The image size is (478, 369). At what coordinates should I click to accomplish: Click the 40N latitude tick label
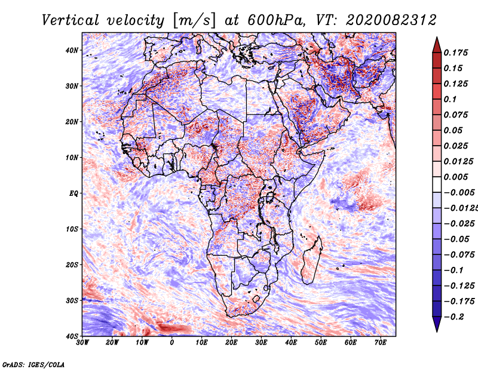point(72,50)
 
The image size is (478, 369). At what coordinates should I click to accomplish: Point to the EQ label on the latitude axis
point(73,193)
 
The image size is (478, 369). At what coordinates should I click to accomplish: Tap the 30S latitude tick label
point(72,300)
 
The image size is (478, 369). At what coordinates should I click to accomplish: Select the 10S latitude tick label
point(72,229)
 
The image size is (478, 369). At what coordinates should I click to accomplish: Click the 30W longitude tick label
point(82,343)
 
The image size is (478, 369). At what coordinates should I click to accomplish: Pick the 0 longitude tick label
point(172,343)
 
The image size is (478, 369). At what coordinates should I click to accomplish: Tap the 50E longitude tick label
point(321,343)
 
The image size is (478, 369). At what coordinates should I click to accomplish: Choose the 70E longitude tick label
point(381,343)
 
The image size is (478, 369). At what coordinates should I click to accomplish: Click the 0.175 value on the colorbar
point(456,53)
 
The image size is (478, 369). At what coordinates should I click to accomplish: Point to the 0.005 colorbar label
point(456,177)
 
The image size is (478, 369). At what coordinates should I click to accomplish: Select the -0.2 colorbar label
point(454,316)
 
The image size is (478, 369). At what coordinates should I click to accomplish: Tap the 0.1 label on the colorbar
point(451,99)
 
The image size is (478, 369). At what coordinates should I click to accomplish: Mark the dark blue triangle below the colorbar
point(437,324)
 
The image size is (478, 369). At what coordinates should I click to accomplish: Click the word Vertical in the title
point(71,20)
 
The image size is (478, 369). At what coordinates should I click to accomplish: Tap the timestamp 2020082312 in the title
point(391,20)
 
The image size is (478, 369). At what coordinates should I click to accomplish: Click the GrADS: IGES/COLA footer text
point(33,364)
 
